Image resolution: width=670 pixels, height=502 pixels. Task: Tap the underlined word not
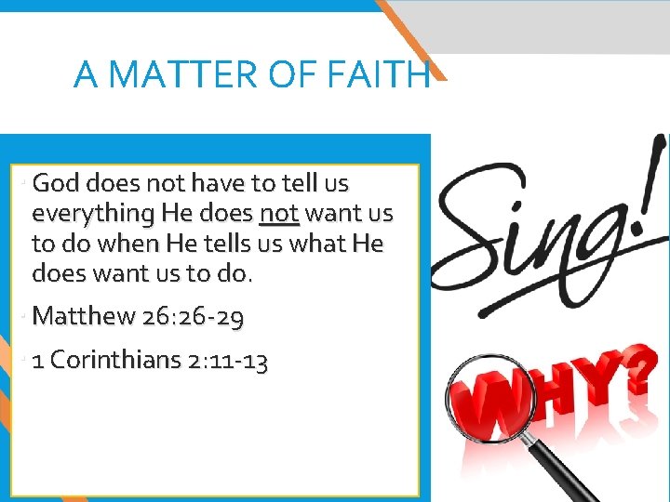pyautogui.click(x=279, y=214)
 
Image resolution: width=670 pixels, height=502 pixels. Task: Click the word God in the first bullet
pyautogui.click(x=55, y=183)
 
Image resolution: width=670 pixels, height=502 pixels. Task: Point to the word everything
pyautogui.click(x=92, y=214)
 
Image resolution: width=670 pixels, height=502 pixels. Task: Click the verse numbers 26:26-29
pyautogui.click(x=194, y=318)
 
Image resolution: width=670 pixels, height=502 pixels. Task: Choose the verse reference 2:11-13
pyautogui.click(x=228, y=361)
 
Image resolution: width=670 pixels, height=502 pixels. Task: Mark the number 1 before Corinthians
pyautogui.click(x=38, y=361)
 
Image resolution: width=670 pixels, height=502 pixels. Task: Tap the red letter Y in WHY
pyautogui.click(x=596, y=381)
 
